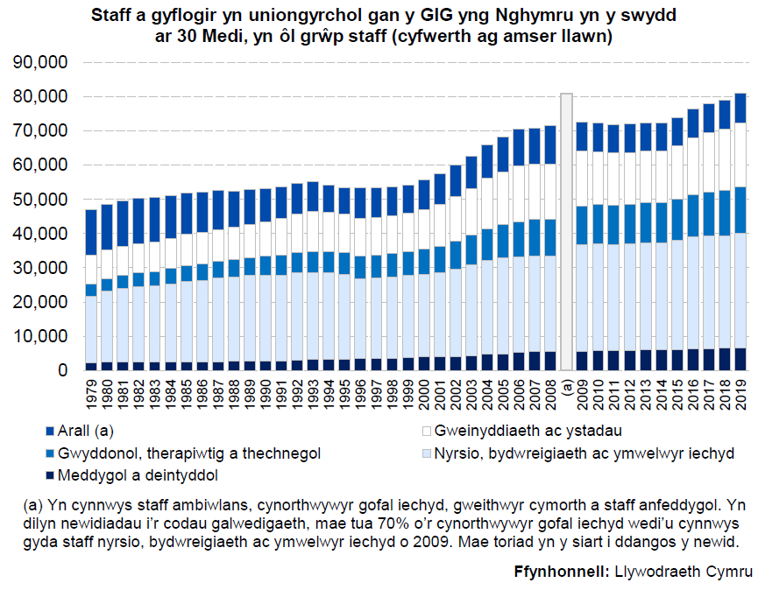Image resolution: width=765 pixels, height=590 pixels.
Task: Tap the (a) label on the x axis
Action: tap(567, 387)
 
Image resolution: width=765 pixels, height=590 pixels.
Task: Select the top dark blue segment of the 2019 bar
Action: tap(740, 107)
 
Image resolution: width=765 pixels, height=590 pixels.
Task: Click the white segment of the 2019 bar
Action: tap(740, 154)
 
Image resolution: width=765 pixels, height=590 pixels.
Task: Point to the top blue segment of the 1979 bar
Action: tap(91, 232)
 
